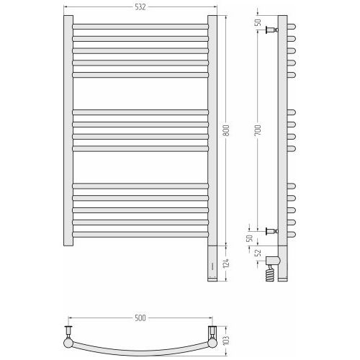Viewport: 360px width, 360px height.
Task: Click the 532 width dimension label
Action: point(140,7)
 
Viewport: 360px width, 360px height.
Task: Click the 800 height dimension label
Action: point(226,130)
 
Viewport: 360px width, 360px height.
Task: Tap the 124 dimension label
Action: point(226,264)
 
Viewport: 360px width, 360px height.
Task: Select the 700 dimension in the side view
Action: point(258,130)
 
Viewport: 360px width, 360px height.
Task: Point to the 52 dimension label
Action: point(258,253)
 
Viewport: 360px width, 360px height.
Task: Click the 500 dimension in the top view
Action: point(140,318)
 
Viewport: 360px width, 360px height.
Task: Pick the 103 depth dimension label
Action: point(226,341)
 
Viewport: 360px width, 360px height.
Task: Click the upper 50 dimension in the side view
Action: point(258,22)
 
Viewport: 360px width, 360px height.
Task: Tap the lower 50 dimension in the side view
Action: point(250,238)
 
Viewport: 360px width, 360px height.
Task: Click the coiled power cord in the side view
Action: point(270,273)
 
